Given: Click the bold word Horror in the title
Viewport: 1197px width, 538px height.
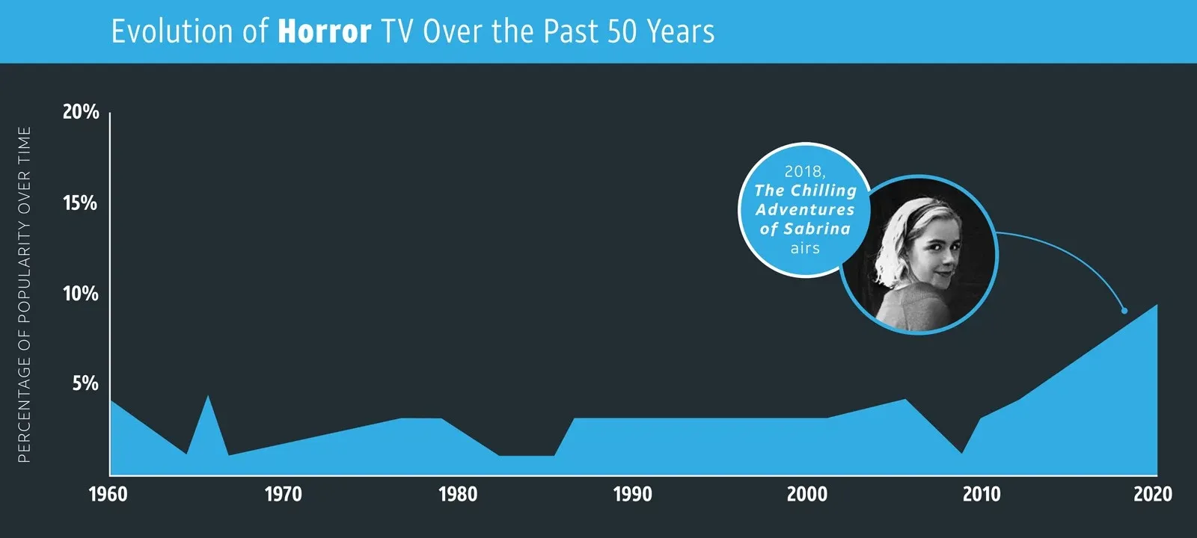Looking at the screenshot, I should pyautogui.click(x=324, y=31).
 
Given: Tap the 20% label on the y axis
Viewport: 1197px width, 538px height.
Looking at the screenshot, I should pyautogui.click(x=80, y=112).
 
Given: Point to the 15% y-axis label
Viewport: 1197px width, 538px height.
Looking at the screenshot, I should pyautogui.click(x=80, y=203).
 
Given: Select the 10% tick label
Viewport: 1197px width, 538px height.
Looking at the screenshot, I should pyautogui.click(x=80, y=294).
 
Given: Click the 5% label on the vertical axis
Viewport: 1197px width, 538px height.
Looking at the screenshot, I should pyautogui.click(x=85, y=383).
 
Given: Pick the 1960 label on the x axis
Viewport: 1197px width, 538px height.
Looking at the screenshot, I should pyautogui.click(x=108, y=494).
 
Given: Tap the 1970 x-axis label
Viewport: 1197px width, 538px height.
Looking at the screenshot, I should pyautogui.click(x=284, y=494).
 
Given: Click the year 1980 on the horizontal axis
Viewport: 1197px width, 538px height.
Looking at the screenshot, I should pyautogui.click(x=458, y=494).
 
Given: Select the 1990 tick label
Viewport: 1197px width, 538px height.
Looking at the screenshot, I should pyautogui.click(x=633, y=494).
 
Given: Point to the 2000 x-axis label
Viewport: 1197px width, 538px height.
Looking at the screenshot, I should pyautogui.click(x=807, y=494).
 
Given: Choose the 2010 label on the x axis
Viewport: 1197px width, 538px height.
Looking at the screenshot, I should pyautogui.click(x=982, y=494).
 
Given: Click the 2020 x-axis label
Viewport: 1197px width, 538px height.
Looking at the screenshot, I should pyautogui.click(x=1153, y=494).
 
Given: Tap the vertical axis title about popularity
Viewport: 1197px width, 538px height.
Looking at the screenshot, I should pyautogui.click(x=24, y=294).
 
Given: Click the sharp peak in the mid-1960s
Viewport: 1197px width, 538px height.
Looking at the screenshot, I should pyautogui.click(x=208, y=397).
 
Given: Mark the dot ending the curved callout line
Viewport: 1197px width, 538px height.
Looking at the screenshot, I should pyautogui.click(x=1124, y=310).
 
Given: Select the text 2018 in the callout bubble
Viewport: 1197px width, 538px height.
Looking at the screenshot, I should pyautogui.click(x=803, y=171).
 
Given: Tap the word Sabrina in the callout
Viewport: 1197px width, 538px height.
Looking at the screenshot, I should pyautogui.click(x=817, y=229).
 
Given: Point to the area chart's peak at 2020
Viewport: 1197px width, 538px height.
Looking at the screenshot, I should pyautogui.click(x=1157, y=306).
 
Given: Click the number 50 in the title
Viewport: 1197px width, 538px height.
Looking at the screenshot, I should pyautogui.click(x=622, y=31).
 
